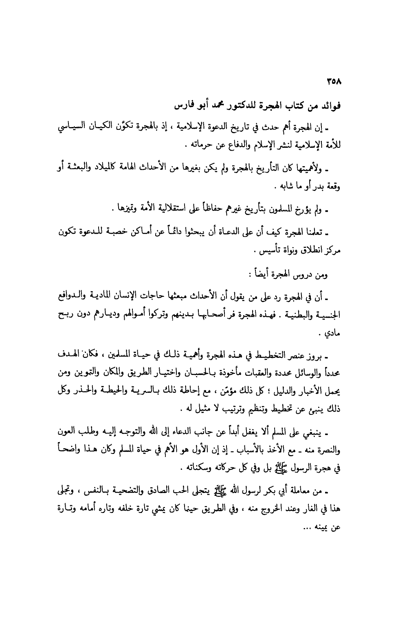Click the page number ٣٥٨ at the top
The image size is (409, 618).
click(x=335, y=81)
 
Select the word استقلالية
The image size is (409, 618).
click(x=173, y=210)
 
